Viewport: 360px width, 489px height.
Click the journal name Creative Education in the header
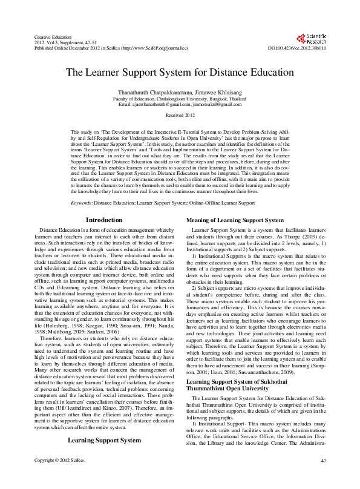tap(49, 37)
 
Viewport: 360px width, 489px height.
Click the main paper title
tap(180, 71)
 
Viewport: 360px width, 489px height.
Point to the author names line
tap(180, 91)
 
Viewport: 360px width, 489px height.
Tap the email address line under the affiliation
tap(180, 104)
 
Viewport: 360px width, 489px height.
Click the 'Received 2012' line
tap(180, 114)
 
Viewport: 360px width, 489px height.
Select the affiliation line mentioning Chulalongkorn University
tap(180, 97)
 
